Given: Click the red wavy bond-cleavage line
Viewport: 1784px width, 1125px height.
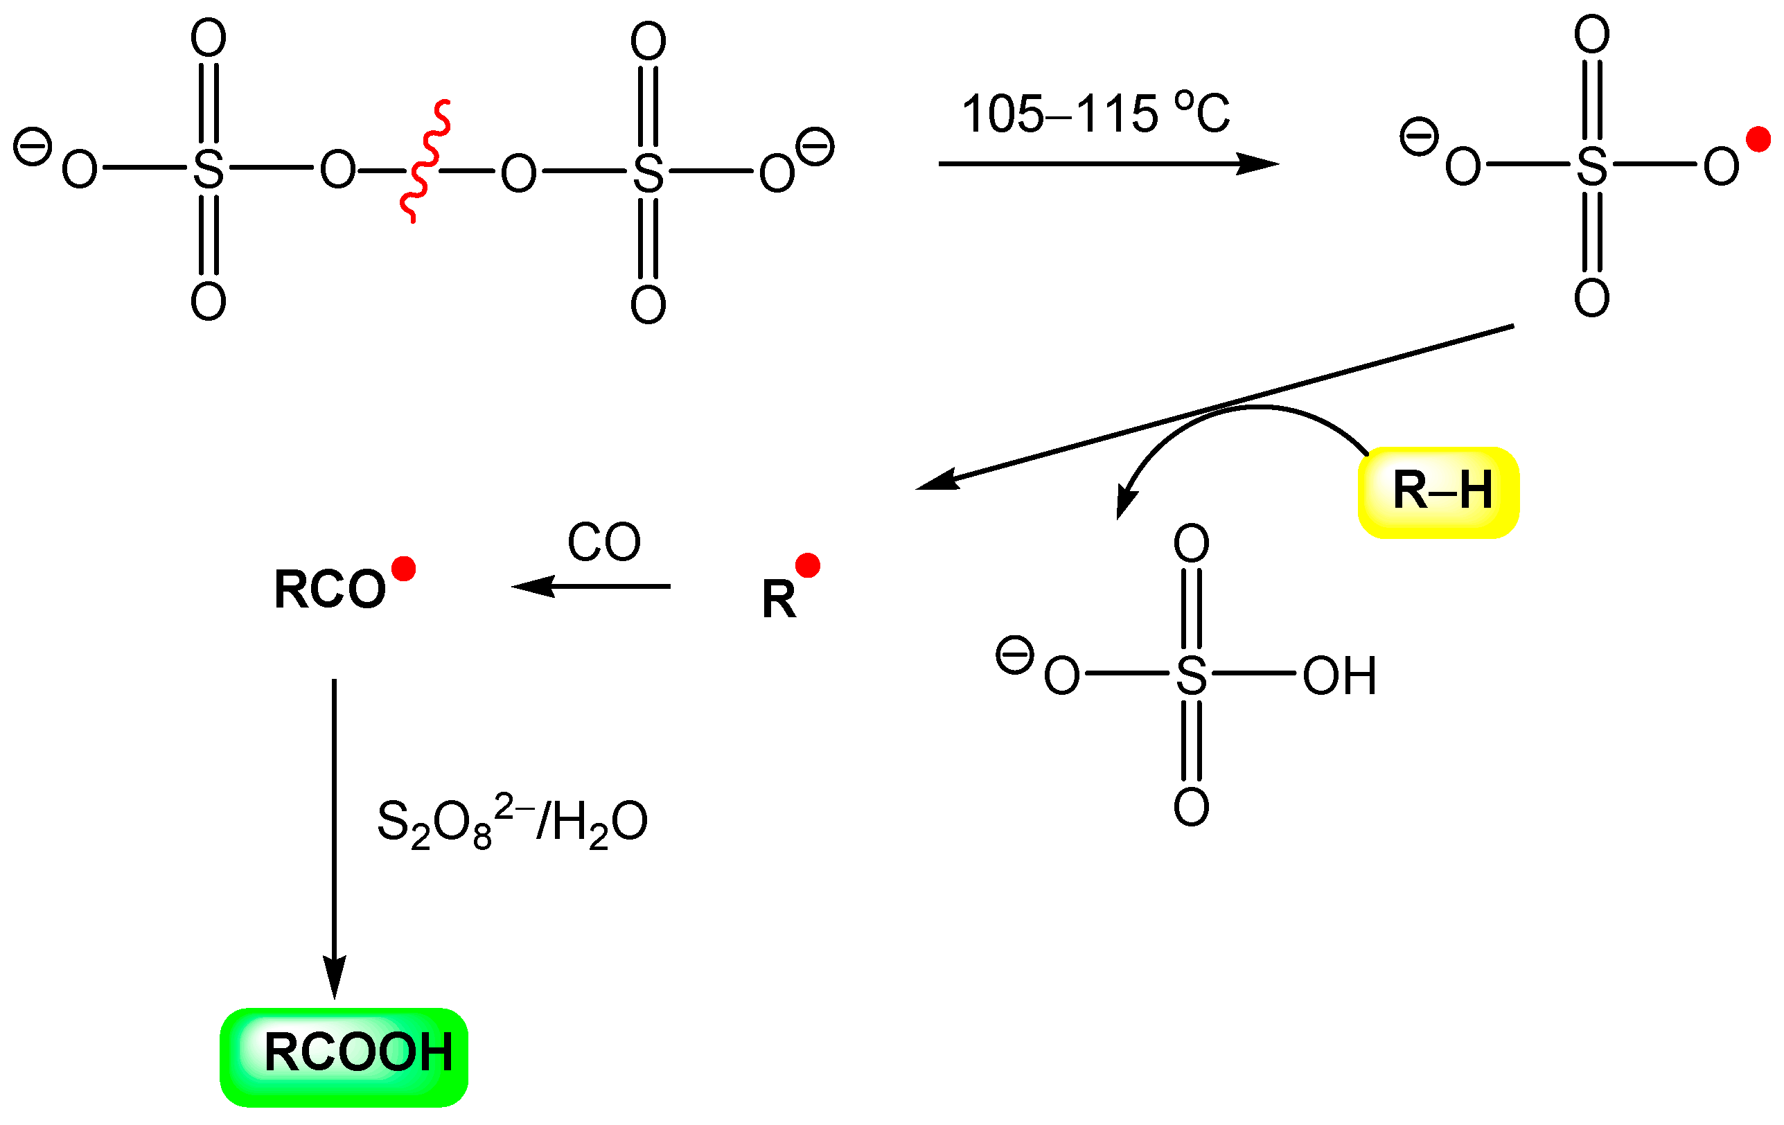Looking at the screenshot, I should (425, 161).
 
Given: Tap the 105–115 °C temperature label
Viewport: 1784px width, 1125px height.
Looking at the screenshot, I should (1095, 114).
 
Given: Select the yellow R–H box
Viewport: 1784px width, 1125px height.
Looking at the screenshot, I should (1439, 492).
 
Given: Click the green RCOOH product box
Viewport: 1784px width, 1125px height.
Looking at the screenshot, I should (344, 1057).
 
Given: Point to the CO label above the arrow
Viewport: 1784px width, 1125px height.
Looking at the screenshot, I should (604, 542).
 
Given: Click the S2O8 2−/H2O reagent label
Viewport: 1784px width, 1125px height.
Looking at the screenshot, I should (512, 823).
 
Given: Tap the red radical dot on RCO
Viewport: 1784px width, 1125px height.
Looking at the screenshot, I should (404, 569).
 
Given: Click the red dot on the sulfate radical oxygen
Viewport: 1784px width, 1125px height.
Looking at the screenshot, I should (1758, 139).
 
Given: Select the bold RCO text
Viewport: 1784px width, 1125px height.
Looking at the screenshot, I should (330, 590).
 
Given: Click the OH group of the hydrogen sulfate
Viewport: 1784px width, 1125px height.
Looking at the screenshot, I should (1339, 676).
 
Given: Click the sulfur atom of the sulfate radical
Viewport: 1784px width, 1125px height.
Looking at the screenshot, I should (1591, 166).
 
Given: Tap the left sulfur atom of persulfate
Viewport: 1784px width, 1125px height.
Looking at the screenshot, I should (208, 170).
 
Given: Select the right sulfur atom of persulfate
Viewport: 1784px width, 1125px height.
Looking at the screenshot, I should (648, 173).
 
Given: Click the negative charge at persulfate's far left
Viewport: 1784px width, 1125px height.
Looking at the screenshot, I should (33, 147).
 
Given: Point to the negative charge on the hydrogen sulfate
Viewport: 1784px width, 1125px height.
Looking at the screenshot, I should (1014, 655).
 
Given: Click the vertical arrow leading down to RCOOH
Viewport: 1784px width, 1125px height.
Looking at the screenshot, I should (334, 837).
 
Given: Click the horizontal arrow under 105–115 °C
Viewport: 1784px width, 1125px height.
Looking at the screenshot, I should (1108, 163).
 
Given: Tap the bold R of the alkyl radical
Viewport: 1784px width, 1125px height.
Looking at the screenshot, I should (779, 599).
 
